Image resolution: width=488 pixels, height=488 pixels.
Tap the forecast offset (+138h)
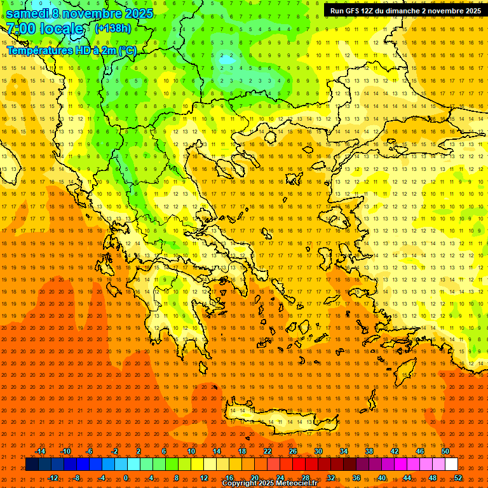(112, 28)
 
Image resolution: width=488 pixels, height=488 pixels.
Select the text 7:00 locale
(44, 29)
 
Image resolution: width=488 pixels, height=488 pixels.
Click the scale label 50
(445, 451)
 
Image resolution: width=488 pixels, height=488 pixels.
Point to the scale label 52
(458, 478)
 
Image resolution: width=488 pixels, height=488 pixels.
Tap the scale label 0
(126, 478)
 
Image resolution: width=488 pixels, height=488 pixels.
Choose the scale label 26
(293, 451)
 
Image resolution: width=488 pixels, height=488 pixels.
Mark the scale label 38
(369, 451)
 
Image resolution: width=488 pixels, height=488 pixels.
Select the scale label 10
(191, 451)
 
